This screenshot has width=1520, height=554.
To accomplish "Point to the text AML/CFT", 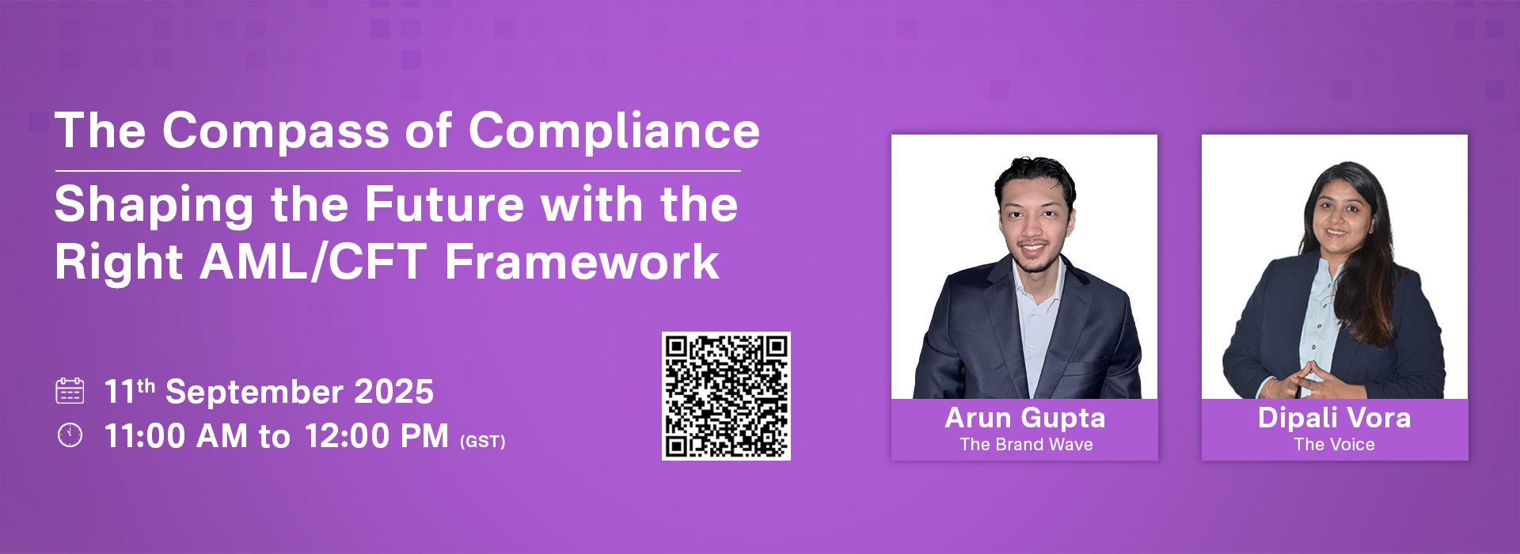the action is point(313,262).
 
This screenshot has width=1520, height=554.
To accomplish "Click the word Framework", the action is point(582,262).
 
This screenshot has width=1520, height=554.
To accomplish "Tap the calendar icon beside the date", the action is point(70,391).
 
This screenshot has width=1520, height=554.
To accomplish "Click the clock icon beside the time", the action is point(70,435).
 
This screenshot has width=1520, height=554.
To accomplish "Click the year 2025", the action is point(393,392).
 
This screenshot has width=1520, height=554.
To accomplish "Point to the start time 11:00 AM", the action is point(176,436).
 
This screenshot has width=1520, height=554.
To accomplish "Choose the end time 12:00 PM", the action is point(377,436).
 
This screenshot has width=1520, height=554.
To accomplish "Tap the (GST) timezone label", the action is point(483,442).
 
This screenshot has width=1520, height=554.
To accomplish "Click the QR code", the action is point(726,396).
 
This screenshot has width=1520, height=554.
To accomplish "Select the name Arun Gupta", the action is point(1025,419).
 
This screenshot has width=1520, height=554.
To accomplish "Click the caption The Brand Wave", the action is point(1026,445).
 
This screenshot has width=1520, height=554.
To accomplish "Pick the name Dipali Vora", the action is point(1335,418).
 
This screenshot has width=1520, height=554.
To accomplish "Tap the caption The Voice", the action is point(1335,445).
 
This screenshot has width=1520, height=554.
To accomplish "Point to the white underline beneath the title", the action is point(398,171).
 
